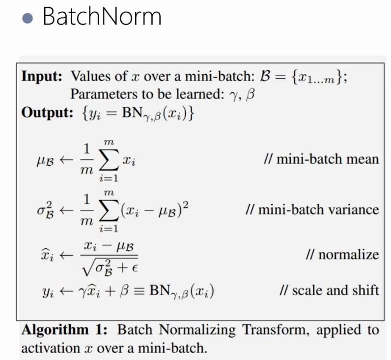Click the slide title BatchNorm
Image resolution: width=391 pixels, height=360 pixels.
[102, 17]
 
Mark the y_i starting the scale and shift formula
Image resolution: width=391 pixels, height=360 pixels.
[48, 291]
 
